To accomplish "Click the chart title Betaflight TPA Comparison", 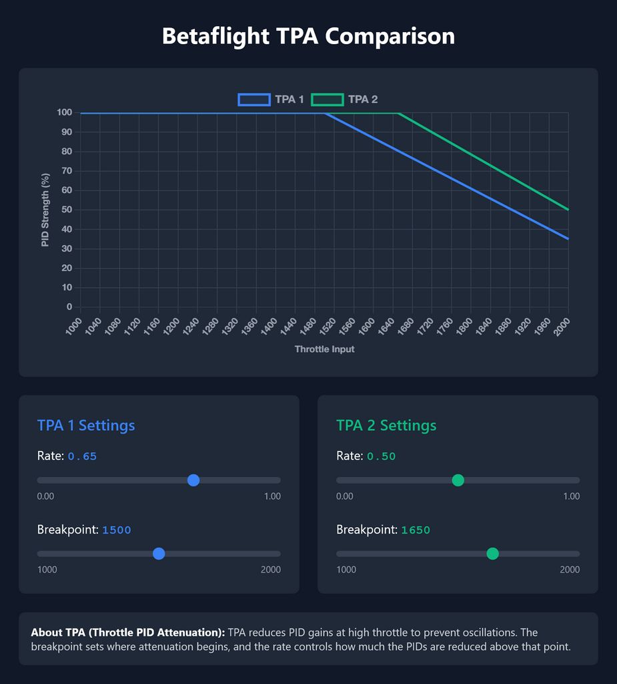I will point(308,36).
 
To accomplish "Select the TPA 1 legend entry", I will point(271,100).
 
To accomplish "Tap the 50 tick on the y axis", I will point(67,210).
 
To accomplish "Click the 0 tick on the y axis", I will point(69,307).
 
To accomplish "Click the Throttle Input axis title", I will point(324,349).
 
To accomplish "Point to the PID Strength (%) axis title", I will point(45,210).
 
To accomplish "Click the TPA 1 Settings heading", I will point(86,425).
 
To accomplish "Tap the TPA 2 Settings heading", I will point(386,425).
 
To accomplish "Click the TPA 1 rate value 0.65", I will point(82,457).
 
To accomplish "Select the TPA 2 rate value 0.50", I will point(381,457).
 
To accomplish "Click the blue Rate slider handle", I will point(193,480).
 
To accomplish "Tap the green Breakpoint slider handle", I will point(492,554).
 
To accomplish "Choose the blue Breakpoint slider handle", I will point(159,554).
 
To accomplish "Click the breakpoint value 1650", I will point(416,530).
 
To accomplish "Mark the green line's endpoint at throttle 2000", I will point(568,210).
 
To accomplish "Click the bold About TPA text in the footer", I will point(128,632).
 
